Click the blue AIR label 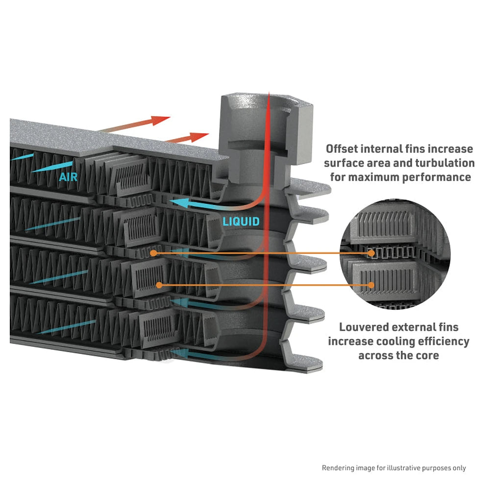(68, 177)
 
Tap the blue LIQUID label (241, 221)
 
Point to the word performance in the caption (441, 177)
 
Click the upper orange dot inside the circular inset (371, 253)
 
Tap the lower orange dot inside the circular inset (371, 285)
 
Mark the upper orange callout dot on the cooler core (153, 253)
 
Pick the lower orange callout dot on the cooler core (159, 285)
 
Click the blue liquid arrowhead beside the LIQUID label (179, 203)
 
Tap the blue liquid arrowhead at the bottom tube (179, 353)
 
